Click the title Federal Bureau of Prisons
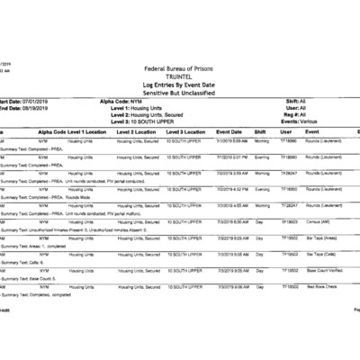coord(180,70)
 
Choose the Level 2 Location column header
coord(137,132)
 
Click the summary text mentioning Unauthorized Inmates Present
coord(72,229)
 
